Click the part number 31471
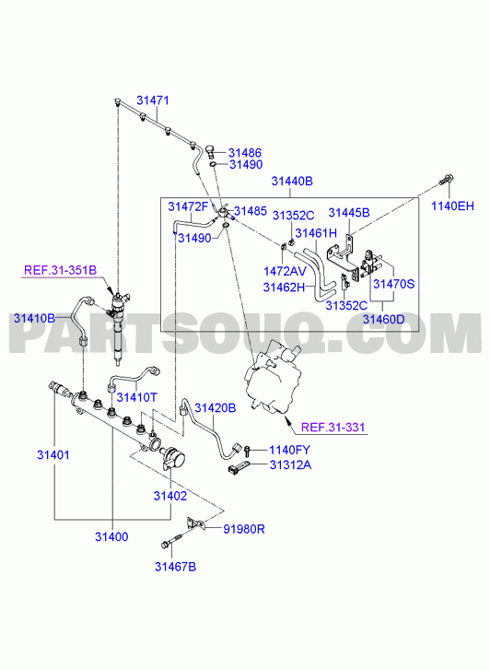click(153, 100)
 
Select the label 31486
click(245, 153)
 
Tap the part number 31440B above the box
click(292, 182)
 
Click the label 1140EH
click(452, 206)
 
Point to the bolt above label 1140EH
click(446, 180)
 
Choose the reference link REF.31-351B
click(60, 270)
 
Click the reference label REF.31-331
click(333, 427)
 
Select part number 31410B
click(34, 318)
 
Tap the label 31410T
click(136, 397)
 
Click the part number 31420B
click(216, 408)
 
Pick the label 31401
click(53, 455)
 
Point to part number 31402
click(170, 496)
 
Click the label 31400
click(111, 536)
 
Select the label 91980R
click(244, 529)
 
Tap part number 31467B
click(175, 567)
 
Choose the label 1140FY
click(289, 450)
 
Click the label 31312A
click(290, 464)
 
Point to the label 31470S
click(394, 284)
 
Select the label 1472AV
click(285, 271)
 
